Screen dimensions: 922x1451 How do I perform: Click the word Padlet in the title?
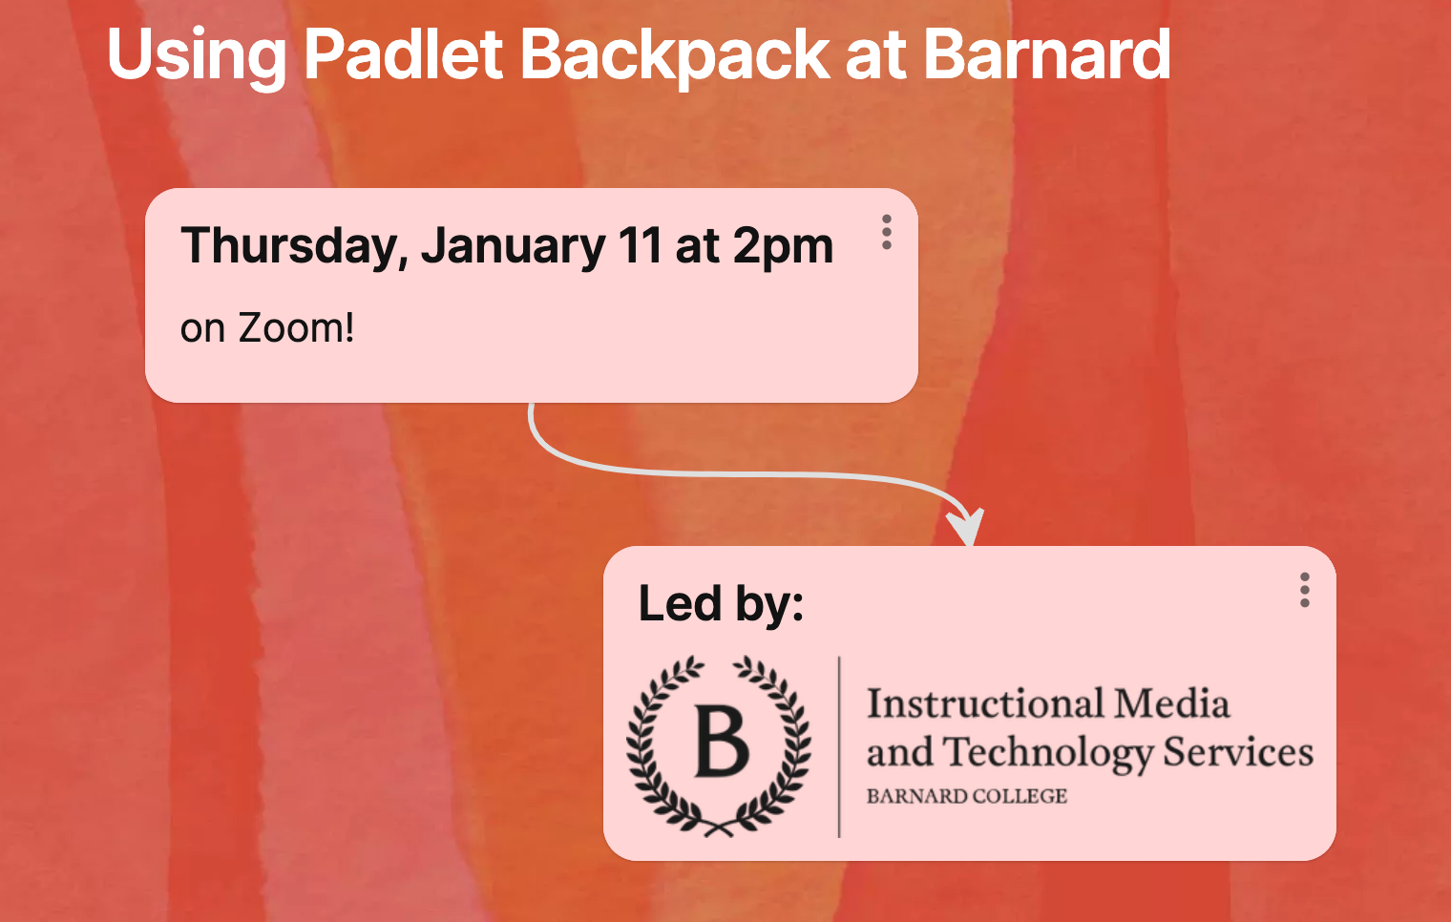402,54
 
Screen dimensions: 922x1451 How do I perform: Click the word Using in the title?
196,54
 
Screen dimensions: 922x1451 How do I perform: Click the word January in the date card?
513,246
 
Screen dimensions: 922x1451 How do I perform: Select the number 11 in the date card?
640,246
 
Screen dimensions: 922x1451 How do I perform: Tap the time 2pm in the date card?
783,246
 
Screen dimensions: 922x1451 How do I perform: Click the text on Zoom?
267,328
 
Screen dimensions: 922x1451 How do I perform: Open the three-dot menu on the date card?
887,232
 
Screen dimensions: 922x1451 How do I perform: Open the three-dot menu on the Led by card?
1304,590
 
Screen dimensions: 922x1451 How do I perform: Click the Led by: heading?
721,603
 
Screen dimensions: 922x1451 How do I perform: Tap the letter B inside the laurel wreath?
721,742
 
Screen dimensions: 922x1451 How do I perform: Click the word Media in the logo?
1172,704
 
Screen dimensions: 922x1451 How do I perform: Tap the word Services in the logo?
1238,753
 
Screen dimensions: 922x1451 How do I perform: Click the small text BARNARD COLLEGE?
966,796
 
